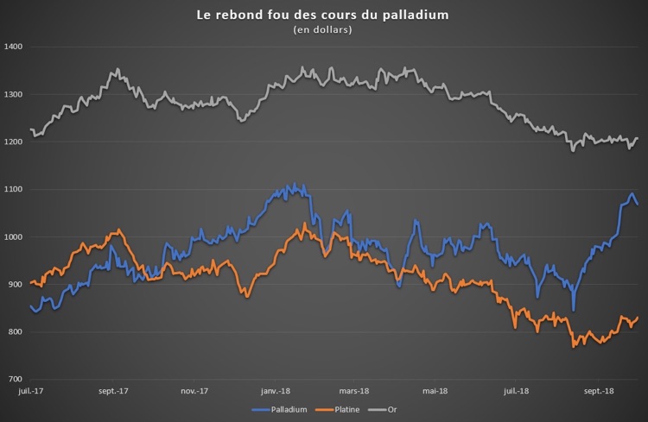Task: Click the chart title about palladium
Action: click(323, 16)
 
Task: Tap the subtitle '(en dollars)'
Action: click(323, 30)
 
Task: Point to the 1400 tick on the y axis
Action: click(13, 47)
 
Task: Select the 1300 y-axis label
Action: click(13, 94)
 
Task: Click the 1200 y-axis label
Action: click(13, 142)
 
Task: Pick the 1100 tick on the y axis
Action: click(13, 189)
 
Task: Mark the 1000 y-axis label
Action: click(13, 237)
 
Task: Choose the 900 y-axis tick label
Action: click(15, 285)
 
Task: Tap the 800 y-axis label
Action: click(15, 332)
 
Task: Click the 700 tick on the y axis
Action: click(15, 380)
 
